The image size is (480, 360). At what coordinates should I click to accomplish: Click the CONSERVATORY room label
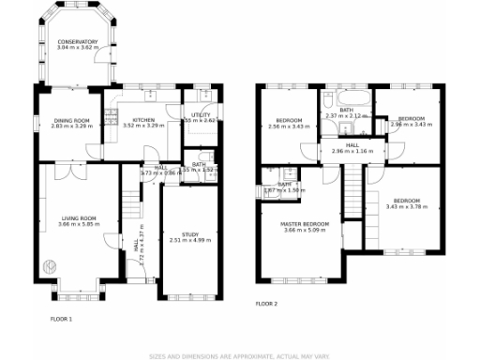tap(77, 41)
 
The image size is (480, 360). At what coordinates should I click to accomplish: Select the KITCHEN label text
tap(143, 119)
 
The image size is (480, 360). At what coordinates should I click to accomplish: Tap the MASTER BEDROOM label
tap(306, 224)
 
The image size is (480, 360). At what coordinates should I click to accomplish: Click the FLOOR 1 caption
tap(61, 319)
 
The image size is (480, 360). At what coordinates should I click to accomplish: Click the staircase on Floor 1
tap(130, 201)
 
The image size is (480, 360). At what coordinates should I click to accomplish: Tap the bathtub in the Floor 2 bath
tap(346, 98)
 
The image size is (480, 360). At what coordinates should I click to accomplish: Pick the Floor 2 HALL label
tap(352, 145)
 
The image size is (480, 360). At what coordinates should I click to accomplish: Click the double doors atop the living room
tap(63, 172)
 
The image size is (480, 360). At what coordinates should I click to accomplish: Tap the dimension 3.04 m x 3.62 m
tap(77, 47)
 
